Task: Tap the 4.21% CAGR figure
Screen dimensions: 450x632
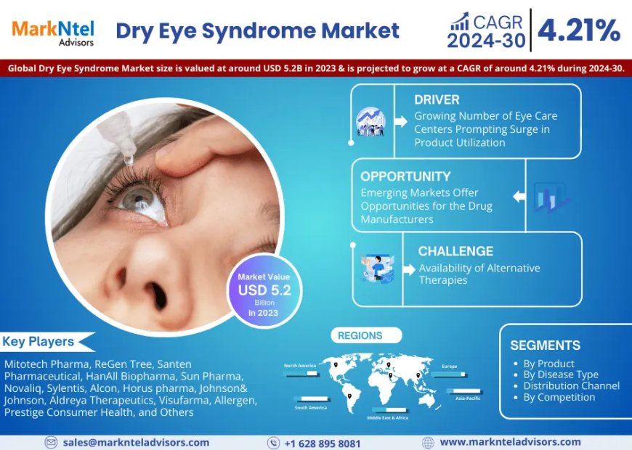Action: point(579,30)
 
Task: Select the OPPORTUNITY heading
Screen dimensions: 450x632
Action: point(405,176)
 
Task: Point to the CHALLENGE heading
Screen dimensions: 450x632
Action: point(455,251)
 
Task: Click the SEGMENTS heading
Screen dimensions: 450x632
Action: point(545,345)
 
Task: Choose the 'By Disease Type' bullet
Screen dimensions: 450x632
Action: point(560,375)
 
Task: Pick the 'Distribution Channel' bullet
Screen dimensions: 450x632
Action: point(571,386)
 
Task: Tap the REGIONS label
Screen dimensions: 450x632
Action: point(360,336)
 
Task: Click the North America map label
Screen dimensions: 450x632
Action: point(300,366)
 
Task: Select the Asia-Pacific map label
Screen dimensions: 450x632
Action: point(468,398)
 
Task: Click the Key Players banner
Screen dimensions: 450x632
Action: point(39,341)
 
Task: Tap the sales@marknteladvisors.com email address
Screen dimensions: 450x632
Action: point(136,442)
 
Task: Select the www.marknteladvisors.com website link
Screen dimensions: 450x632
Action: point(510,442)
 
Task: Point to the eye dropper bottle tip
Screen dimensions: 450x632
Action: point(128,155)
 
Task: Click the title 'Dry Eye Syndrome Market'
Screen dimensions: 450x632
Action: point(257,30)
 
